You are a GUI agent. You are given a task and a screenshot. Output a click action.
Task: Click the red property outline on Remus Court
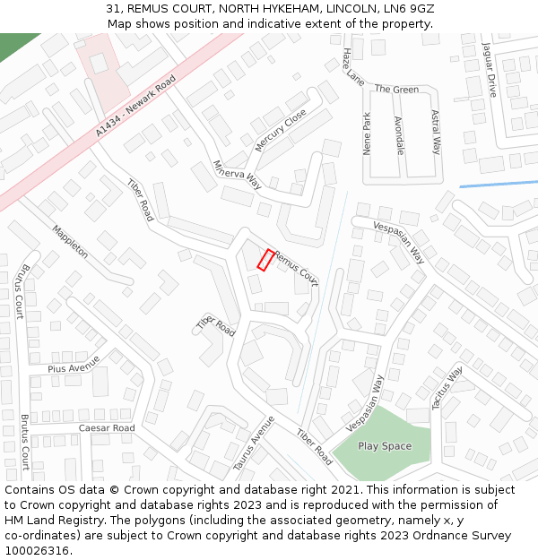[x=266, y=259]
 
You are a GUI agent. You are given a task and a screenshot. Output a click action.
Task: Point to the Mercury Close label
[x=281, y=131]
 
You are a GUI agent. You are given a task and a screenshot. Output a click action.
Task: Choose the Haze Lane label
[x=352, y=67]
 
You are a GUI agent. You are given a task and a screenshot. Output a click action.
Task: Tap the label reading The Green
[x=396, y=90]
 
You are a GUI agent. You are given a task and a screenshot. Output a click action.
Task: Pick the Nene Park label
[x=368, y=134]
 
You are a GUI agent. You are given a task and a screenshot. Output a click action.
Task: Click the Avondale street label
[x=399, y=134]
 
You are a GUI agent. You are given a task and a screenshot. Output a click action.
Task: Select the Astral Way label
[x=436, y=133]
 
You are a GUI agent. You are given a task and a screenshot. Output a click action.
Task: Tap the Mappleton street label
[x=70, y=240]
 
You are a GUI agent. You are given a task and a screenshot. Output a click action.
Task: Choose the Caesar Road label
[x=106, y=428]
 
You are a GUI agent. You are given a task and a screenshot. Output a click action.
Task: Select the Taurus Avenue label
[x=253, y=444]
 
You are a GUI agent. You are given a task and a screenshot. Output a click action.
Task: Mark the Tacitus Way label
[x=447, y=387]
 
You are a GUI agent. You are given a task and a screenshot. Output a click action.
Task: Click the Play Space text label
[x=385, y=446]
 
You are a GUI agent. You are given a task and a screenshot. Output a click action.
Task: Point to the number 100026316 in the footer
[x=39, y=551]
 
